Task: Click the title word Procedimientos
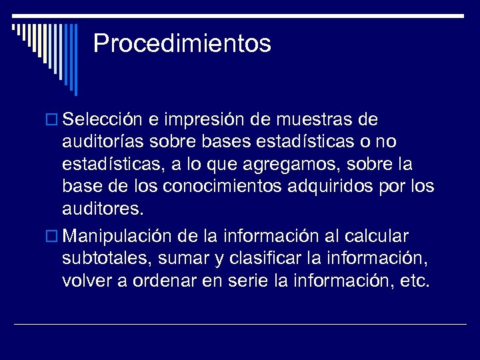tap(182, 43)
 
